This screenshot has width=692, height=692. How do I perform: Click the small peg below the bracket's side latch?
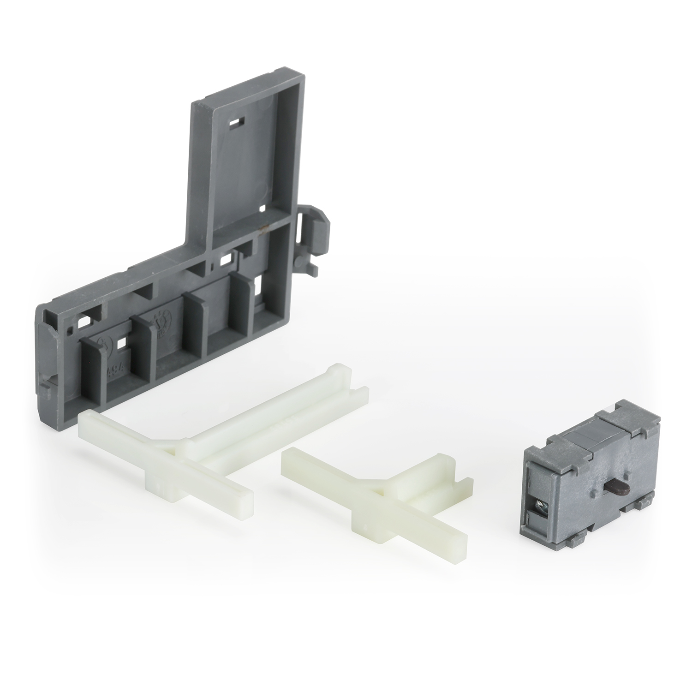click(315, 268)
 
